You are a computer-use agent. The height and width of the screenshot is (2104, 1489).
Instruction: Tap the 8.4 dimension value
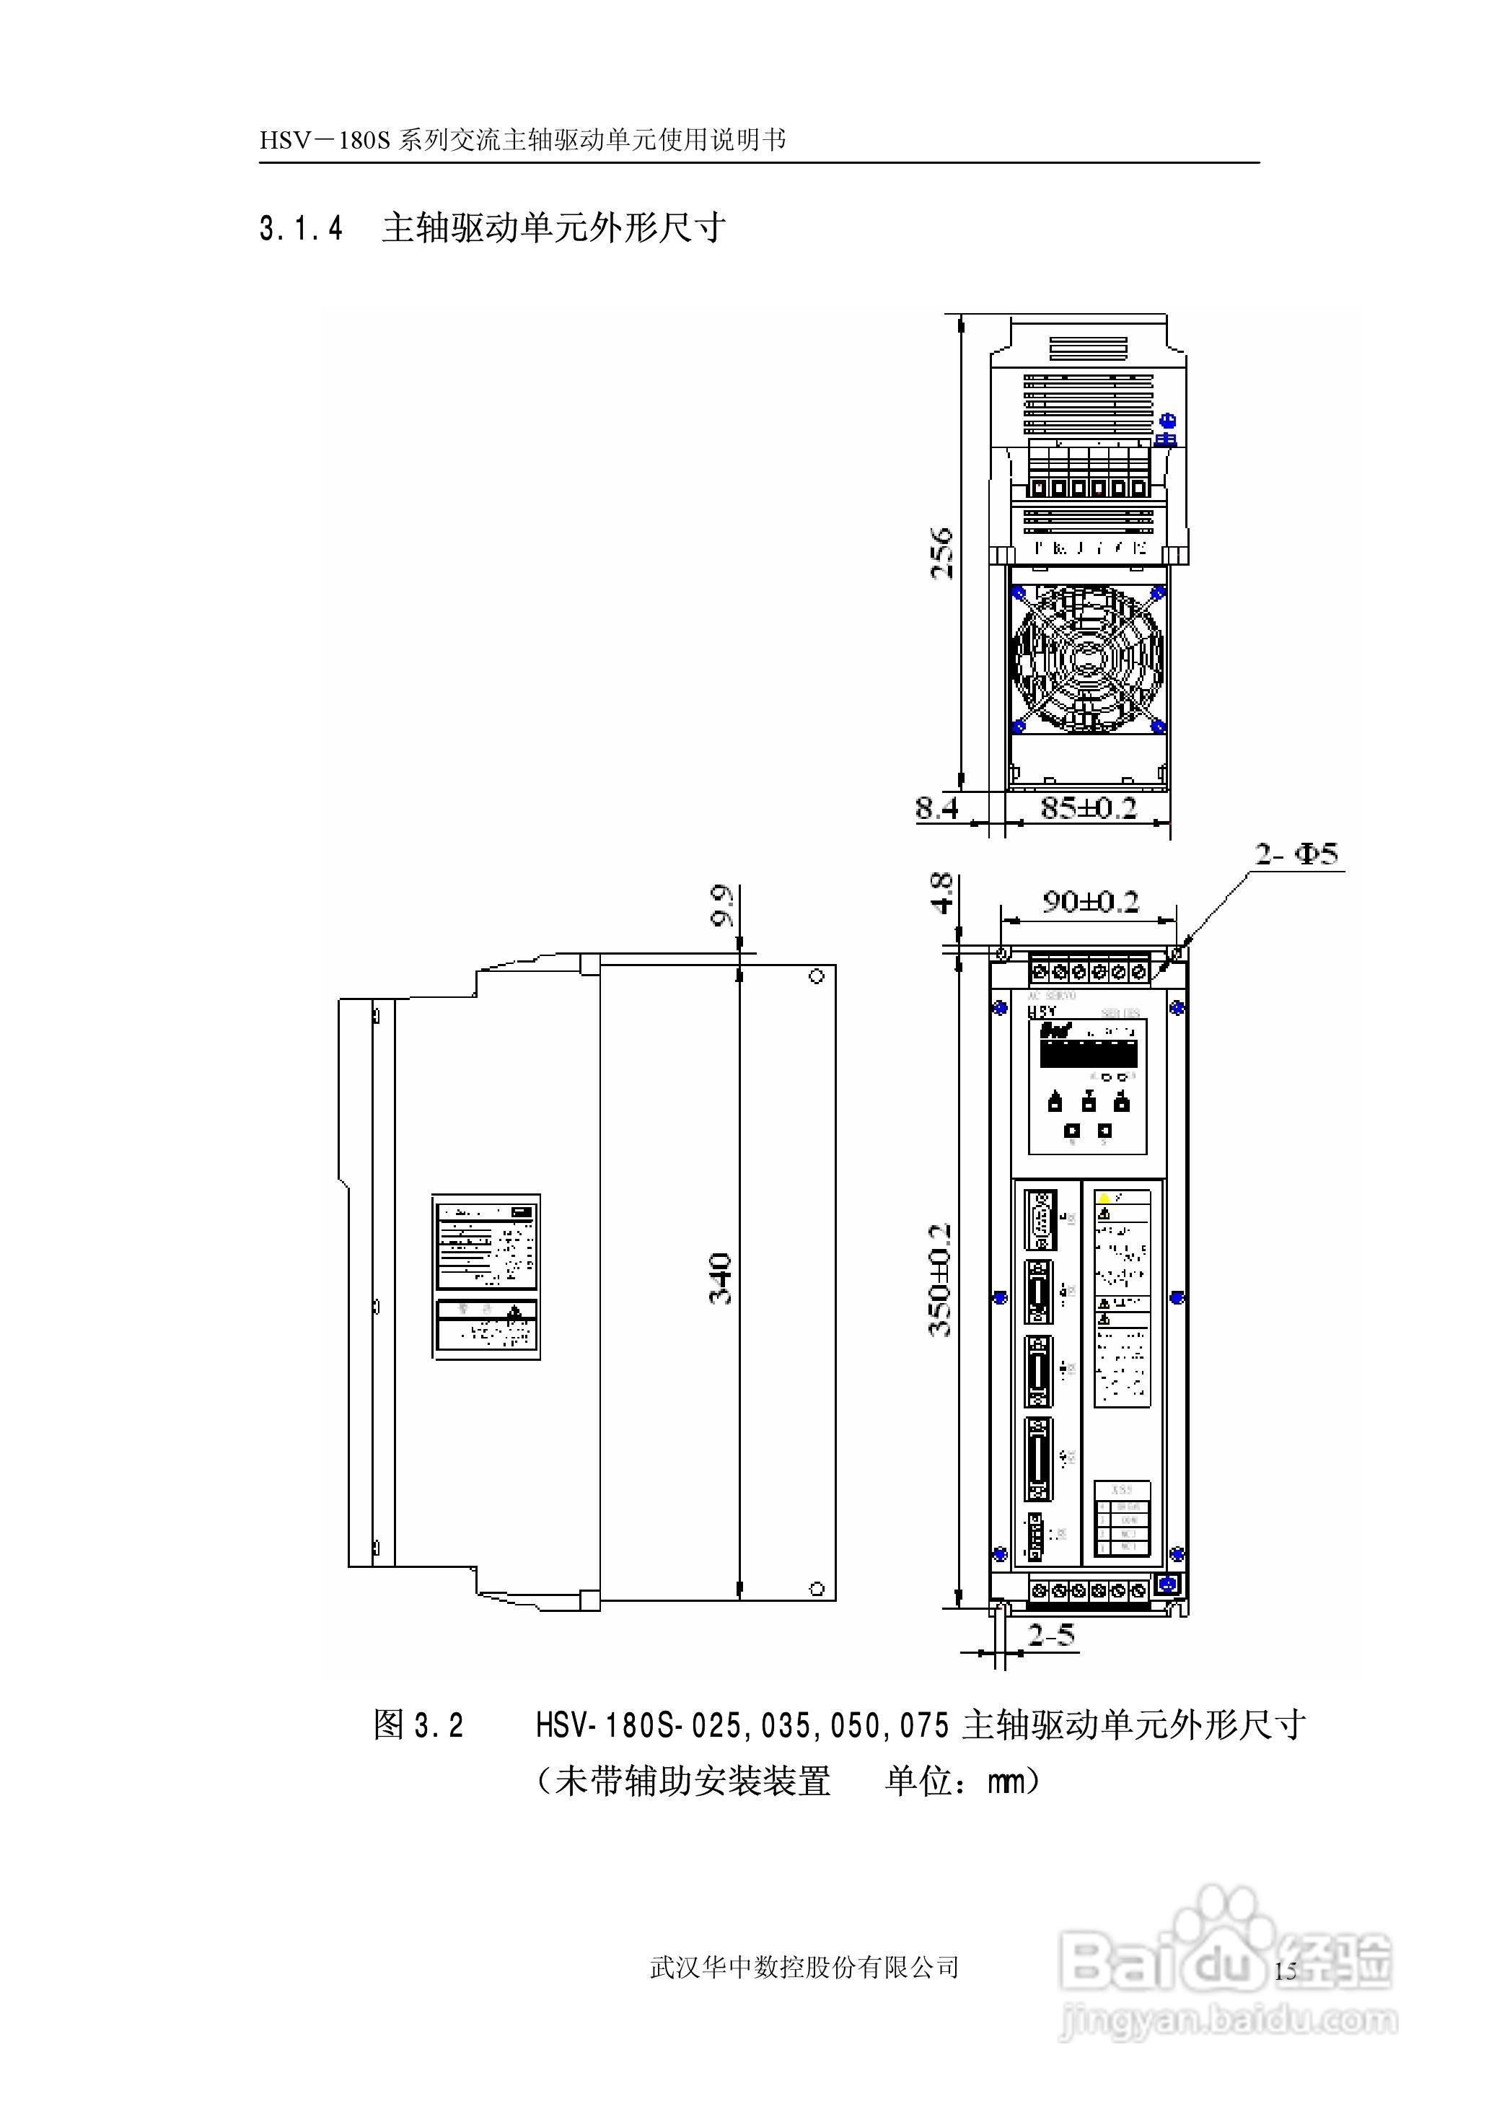click(937, 807)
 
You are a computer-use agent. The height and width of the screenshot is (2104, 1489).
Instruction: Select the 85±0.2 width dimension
click(1089, 807)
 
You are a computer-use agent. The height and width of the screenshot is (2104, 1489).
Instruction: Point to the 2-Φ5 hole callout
click(1296, 854)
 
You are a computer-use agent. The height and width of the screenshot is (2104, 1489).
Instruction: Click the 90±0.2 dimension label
click(1089, 901)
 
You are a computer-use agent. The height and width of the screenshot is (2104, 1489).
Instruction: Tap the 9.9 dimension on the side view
click(724, 906)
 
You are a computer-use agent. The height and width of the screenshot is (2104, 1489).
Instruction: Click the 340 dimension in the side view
click(721, 1278)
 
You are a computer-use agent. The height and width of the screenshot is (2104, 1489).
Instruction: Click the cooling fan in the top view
click(1089, 657)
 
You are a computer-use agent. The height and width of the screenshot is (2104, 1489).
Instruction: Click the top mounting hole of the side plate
click(817, 977)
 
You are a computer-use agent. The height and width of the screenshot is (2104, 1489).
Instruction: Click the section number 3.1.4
click(301, 228)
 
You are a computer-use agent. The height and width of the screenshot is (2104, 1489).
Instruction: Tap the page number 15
click(1286, 1969)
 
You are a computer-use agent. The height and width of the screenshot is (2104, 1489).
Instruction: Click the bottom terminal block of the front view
click(1089, 1590)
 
